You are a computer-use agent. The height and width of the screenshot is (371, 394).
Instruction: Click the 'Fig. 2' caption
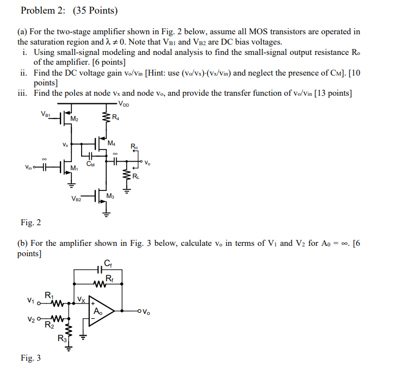tap(30, 222)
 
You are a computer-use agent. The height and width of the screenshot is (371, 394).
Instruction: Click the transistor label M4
tap(112, 144)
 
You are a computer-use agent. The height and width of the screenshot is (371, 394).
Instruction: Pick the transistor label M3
tap(110, 195)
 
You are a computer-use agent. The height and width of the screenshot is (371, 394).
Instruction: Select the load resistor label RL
tap(135, 176)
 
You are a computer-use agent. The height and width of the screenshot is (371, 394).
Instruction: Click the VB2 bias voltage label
tap(76, 199)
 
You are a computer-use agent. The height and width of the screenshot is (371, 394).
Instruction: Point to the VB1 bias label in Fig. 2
tap(45, 114)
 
